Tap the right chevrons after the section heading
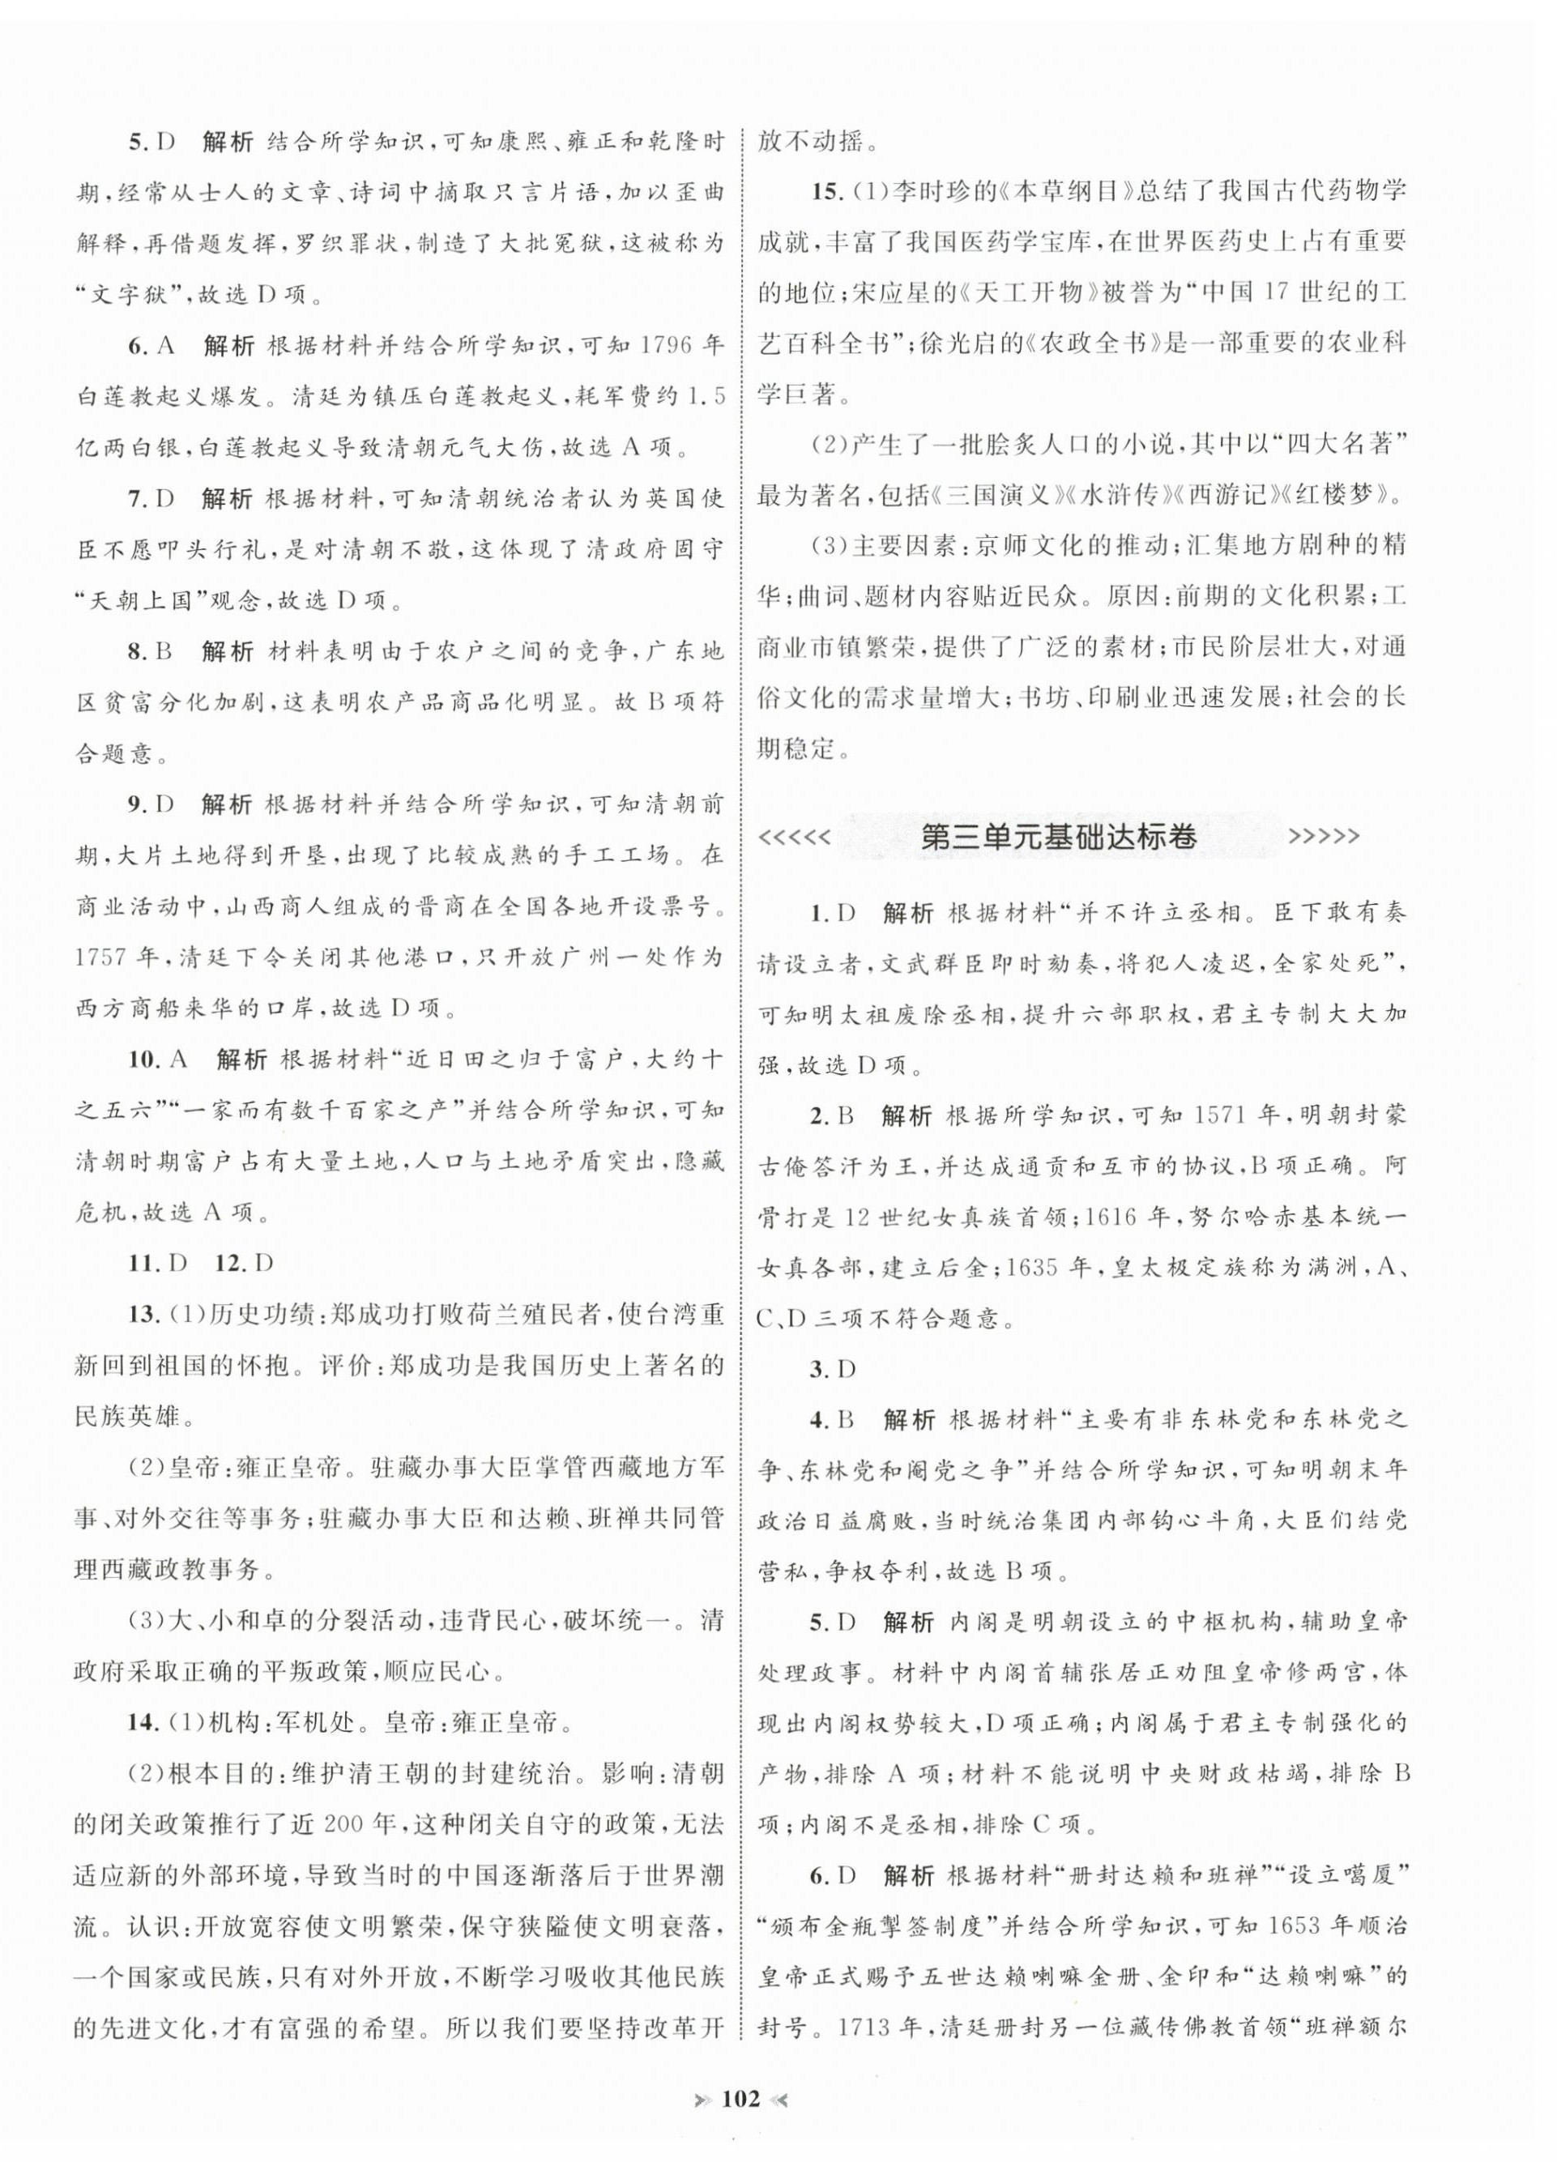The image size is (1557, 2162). click(1324, 837)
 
